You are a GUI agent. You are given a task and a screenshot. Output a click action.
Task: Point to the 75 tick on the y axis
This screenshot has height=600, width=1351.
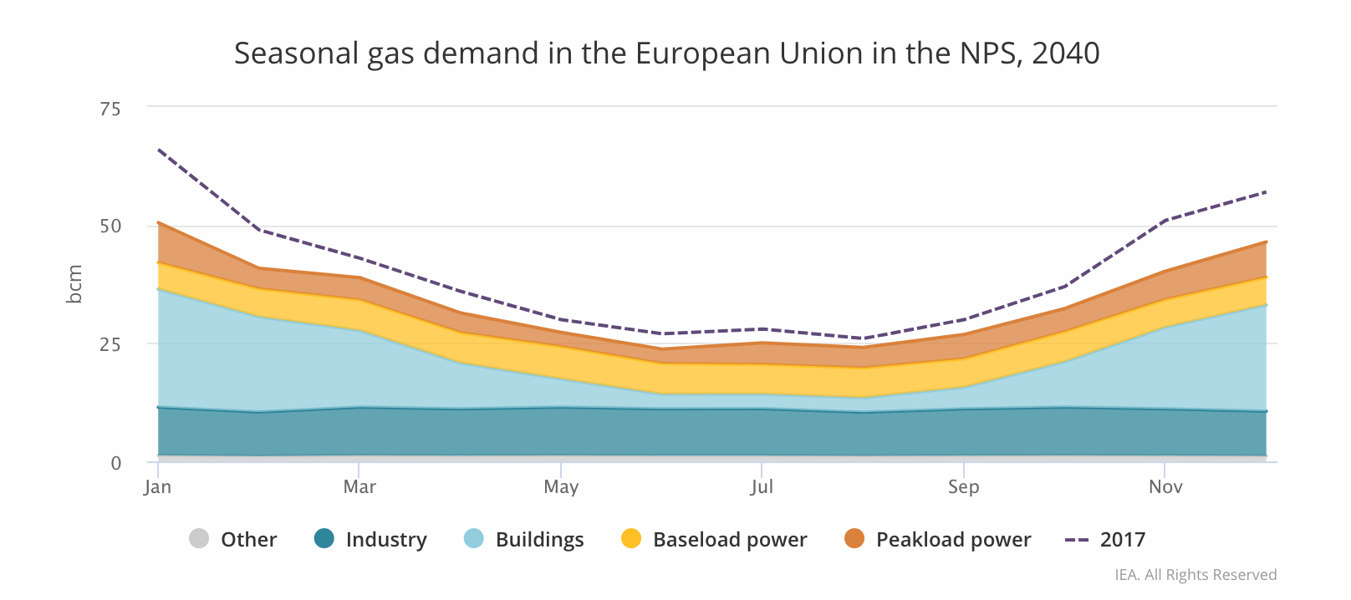pos(110,109)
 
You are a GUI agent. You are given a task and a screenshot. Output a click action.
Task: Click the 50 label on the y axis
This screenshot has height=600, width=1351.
pos(110,226)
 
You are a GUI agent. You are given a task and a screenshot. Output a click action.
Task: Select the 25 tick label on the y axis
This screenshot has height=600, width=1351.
pos(110,344)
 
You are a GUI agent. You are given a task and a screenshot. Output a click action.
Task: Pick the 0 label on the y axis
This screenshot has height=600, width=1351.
pos(116,463)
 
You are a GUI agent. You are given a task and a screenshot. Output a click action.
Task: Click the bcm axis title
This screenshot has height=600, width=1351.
pos(74,284)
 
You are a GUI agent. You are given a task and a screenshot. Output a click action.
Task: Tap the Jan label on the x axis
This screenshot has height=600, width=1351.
pos(157,487)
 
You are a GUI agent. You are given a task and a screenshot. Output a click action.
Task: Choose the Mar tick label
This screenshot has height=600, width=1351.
pos(359,487)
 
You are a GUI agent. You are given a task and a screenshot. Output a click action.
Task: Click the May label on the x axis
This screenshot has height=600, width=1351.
pos(561,487)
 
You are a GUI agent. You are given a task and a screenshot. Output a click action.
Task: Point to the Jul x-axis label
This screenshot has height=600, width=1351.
pos(762,487)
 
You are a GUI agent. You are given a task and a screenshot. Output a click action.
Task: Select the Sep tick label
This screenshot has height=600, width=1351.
pos(964,487)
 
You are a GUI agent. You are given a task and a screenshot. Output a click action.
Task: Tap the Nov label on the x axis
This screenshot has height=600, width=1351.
pos(1165,487)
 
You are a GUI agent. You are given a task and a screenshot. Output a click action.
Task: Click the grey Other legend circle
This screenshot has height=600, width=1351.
pos(199,539)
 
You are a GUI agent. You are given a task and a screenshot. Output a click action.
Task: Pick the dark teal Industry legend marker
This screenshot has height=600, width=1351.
pos(324,539)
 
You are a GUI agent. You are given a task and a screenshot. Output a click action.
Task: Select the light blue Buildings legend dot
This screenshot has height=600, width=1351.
pos(474,539)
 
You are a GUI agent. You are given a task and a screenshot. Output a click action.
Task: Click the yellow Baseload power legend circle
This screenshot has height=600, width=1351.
pos(631,539)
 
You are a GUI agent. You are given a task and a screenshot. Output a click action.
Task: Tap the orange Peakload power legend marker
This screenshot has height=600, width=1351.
pos(854,539)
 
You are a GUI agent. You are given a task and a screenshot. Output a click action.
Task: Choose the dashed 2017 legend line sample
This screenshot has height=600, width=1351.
pos(1077,540)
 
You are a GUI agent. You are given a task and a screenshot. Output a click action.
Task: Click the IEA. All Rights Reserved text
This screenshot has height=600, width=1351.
pos(1196,575)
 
